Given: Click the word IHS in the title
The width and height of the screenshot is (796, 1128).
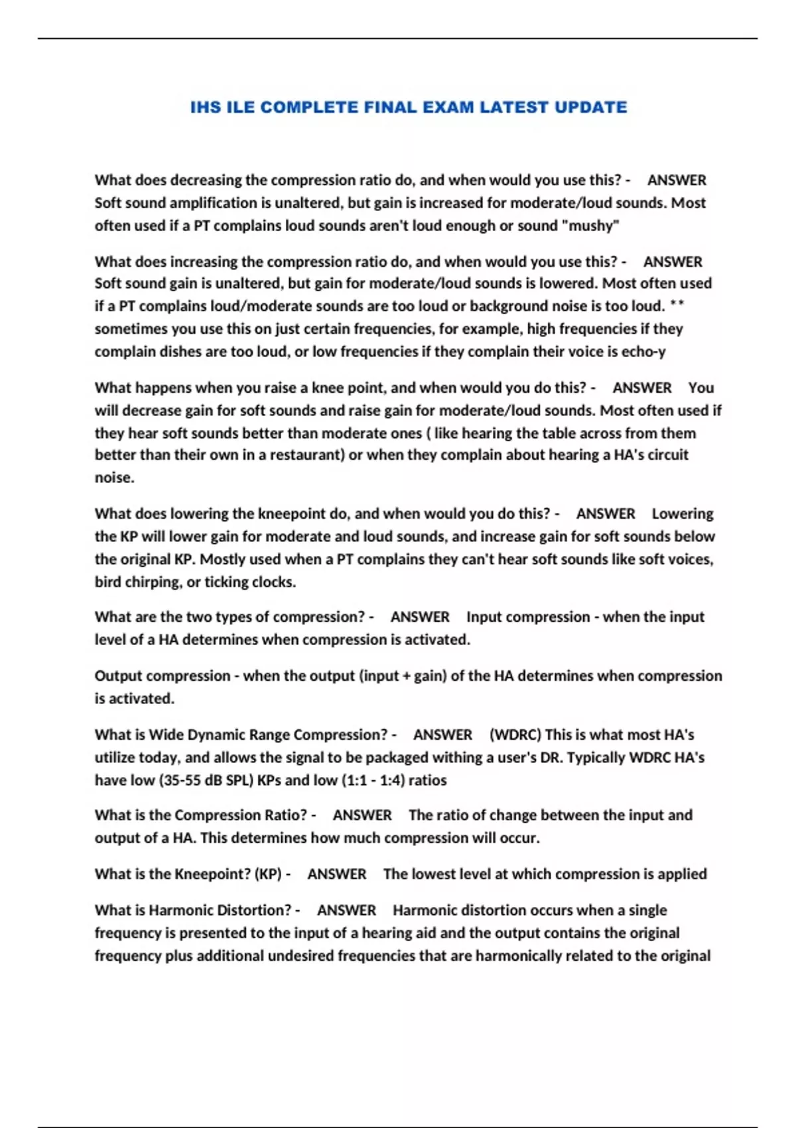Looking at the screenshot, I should [x=206, y=107].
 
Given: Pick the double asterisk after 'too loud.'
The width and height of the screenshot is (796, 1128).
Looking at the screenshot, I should [x=677, y=306].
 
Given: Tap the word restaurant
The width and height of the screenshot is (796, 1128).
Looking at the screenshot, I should [x=307, y=455].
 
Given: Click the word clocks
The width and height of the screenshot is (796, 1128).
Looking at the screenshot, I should [x=271, y=582].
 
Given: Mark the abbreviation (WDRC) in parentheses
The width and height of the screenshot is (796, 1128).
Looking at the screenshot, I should [x=515, y=735].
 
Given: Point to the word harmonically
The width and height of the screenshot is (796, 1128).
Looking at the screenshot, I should [x=524, y=956].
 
